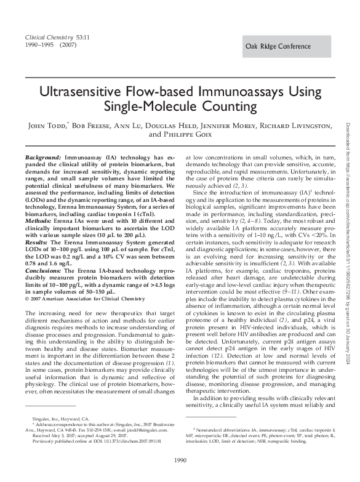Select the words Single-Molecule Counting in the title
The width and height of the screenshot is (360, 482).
coord(180,107)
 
